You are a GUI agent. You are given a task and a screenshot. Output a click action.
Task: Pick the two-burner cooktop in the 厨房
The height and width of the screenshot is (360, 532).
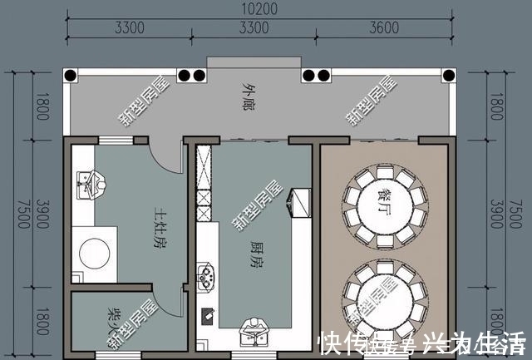coord(205,274)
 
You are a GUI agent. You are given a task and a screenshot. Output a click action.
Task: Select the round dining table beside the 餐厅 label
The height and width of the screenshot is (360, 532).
coord(380,200)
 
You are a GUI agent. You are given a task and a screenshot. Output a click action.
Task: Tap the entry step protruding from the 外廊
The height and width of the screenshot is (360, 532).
coord(254,62)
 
